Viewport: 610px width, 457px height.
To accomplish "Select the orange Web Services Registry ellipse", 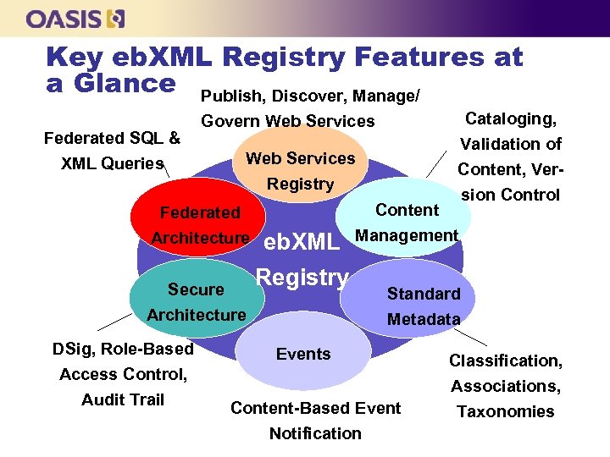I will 301,164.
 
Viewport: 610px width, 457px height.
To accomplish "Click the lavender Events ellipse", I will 303,354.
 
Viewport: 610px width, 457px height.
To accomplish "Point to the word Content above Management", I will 407,210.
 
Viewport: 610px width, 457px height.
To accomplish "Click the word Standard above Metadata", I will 424,294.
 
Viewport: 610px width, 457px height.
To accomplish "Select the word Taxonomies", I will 506,412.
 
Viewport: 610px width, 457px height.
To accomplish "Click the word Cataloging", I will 505,118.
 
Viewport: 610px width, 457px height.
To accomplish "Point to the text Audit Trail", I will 123,399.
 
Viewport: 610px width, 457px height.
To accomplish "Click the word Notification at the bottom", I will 315,433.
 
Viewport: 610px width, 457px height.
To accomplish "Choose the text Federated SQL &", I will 112,138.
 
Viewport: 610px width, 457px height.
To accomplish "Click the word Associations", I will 506,387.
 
